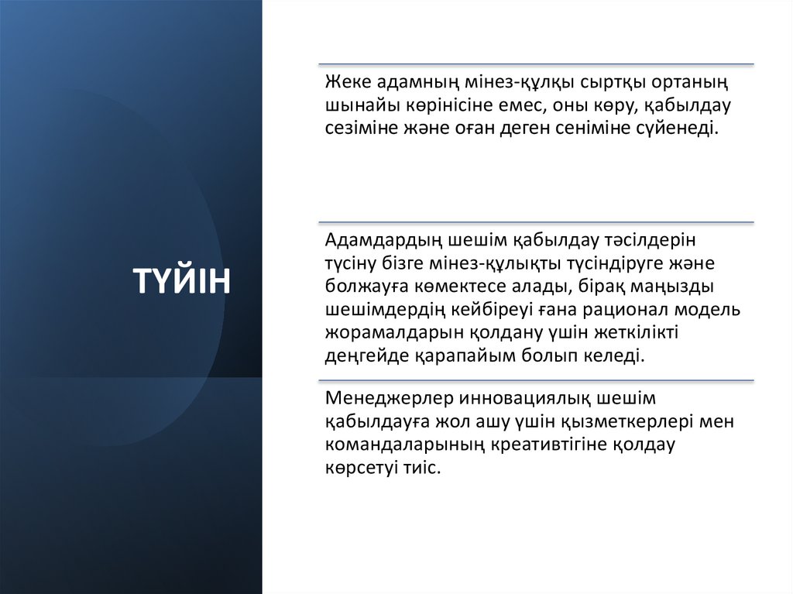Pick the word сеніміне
606,128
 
